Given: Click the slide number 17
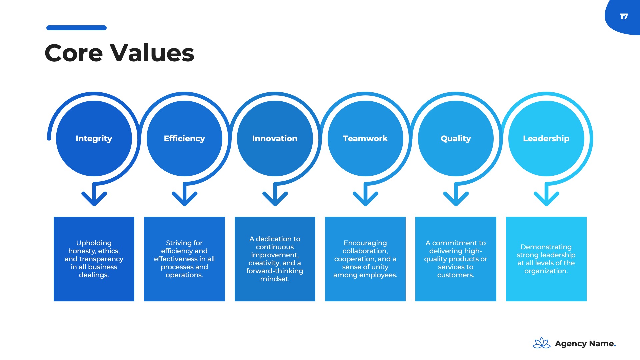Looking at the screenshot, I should tap(624, 17).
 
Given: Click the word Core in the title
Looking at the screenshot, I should tap(74, 53).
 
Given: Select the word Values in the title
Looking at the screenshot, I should tap(152, 53).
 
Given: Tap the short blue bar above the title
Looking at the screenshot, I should tap(76, 28).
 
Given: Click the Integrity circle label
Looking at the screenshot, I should tap(94, 139).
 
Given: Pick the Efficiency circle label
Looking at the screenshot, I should tap(184, 139).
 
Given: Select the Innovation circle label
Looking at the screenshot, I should tap(275, 139).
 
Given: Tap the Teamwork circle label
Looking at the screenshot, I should tap(365, 139).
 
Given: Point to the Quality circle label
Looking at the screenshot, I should tap(456, 139).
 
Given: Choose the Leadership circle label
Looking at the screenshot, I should tap(546, 139).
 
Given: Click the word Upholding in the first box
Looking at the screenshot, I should tap(94, 243).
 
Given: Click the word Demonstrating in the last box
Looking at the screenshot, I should tap(546, 247).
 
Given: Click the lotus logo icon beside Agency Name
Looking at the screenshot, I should tap(542, 343).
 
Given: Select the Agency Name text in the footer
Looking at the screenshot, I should tap(585, 344).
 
